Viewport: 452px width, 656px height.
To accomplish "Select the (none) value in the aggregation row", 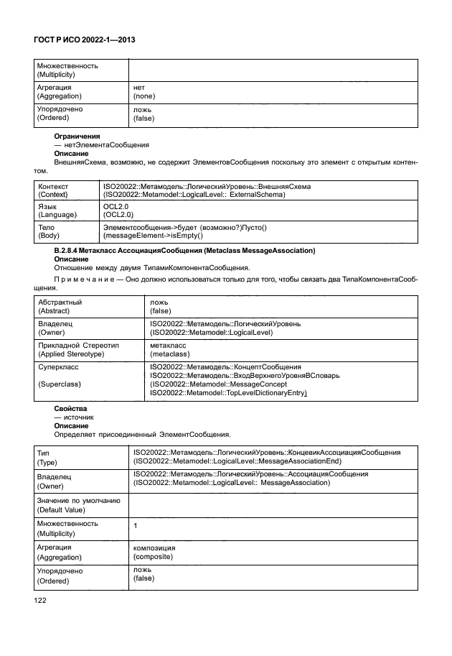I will click(x=144, y=96).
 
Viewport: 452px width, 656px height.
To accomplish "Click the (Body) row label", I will click(x=50, y=236).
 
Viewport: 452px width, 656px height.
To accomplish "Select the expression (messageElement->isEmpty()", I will click(x=154, y=236).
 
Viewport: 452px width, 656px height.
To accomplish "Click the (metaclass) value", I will click(x=169, y=354).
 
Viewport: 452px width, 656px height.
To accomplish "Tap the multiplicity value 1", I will click(x=136, y=527).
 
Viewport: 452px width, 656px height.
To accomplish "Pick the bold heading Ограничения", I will click(x=77, y=136).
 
